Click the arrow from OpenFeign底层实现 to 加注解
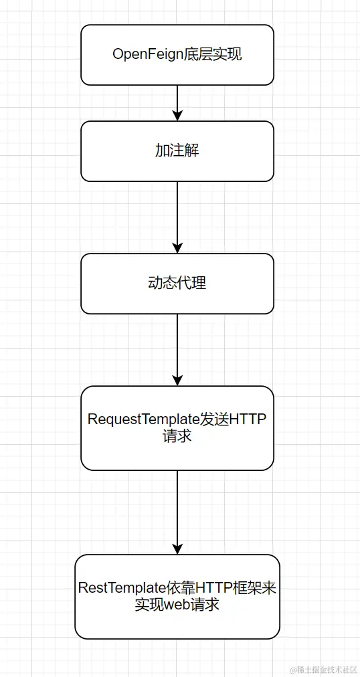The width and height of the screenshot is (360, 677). tap(177, 102)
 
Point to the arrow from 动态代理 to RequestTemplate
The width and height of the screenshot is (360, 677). tap(177, 348)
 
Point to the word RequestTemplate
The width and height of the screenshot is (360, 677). tap(143, 419)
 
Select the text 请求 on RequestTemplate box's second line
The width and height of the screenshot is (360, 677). tap(177, 436)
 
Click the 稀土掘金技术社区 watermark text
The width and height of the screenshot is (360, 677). tap(324, 670)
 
